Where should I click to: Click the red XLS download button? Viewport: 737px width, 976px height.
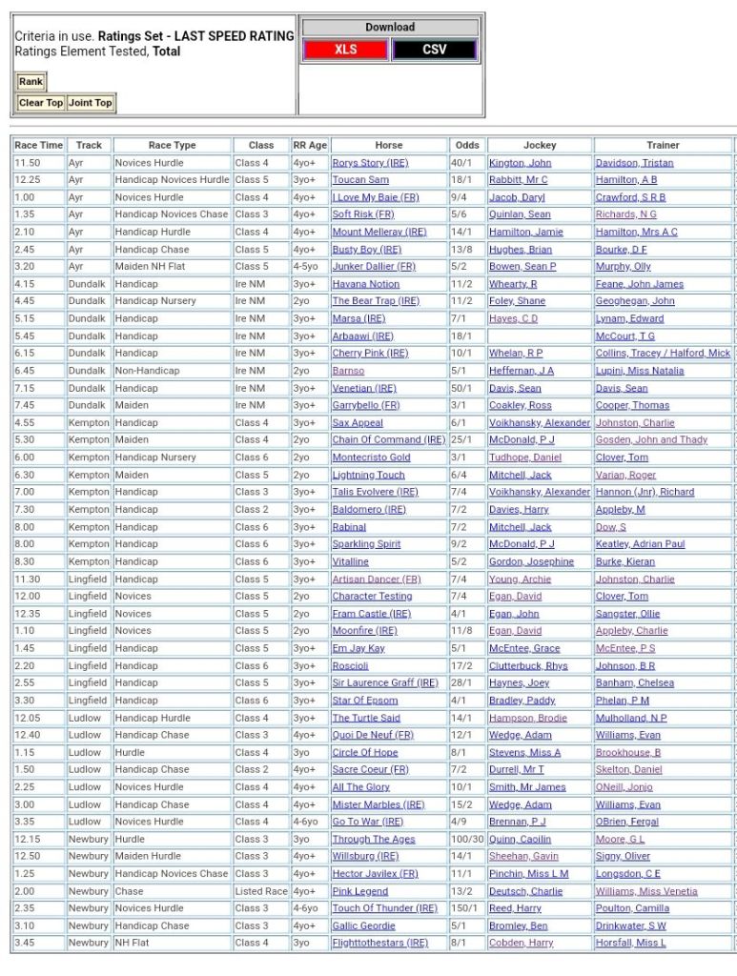[x=345, y=50]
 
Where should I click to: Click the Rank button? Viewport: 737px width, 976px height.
[x=31, y=82]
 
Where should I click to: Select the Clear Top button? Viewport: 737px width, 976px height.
[x=41, y=103]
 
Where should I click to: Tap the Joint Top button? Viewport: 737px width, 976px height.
[x=91, y=103]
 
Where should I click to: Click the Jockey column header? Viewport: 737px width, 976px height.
[x=540, y=145]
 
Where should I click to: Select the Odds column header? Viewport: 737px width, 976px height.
[x=467, y=145]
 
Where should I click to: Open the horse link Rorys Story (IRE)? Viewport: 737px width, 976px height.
[x=370, y=163]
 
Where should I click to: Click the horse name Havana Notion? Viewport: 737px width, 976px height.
[x=365, y=284]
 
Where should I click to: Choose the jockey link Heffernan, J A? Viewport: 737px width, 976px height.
[x=521, y=371]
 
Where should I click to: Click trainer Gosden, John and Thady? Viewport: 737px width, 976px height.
[x=651, y=440]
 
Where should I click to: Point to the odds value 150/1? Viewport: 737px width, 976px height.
[x=466, y=908]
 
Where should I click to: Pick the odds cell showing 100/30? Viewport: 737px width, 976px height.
[x=467, y=840]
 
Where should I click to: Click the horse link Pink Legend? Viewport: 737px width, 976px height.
[x=359, y=891]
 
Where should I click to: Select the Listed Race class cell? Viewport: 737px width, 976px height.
[x=261, y=891]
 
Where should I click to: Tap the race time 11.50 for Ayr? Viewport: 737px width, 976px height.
[x=27, y=163]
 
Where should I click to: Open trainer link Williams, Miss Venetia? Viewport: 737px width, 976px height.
[x=646, y=891]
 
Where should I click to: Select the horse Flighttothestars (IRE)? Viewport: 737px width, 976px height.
[x=379, y=944]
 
